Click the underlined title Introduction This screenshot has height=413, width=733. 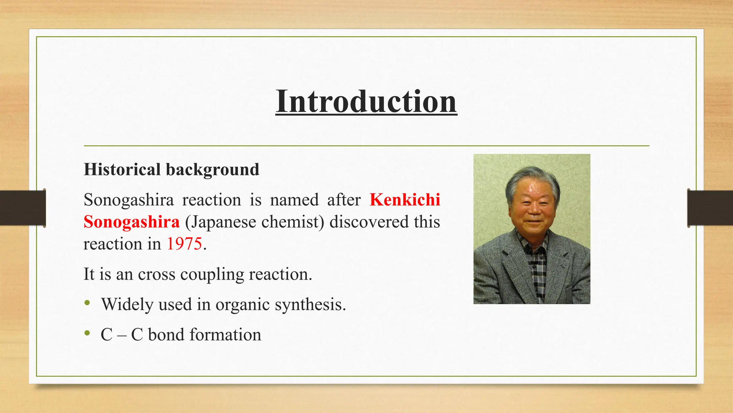click(x=366, y=101)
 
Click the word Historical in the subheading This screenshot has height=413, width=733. click(x=122, y=169)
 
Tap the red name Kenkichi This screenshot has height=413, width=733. click(x=404, y=200)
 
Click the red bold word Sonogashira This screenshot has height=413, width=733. click(x=131, y=222)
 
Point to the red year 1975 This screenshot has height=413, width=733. click(x=184, y=244)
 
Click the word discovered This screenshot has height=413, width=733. click(x=369, y=222)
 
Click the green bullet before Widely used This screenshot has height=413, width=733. click(x=87, y=303)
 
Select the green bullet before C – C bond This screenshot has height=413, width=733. click(x=87, y=333)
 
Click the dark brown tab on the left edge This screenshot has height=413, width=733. click(x=23, y=208)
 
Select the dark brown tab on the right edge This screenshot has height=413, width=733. click(x=710, y=208)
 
